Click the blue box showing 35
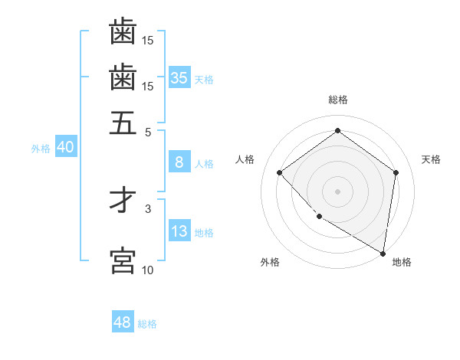(x=179, y=78)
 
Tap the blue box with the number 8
(x=179, y=162)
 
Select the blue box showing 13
(x=179, y=232)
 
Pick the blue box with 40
(x=65, y=148)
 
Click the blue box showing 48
(x=123, y=322)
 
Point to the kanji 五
(x=123, y=123)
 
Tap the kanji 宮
(x=123, y=260)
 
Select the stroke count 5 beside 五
(x=149, y=131)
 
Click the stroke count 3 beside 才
(x=148, y=208)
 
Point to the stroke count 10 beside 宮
(x=148, y=270)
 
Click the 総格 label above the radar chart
(x=337, y=100)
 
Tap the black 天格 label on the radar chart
(x=431, y=159)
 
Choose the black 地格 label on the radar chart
(x=402, y=262)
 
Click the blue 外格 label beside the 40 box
(x=41, y=149)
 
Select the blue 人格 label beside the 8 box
(x=205, y=163)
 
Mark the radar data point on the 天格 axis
(x=396, y=172)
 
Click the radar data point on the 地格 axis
(x=383, y=253)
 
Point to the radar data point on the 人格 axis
(x=280, y=172)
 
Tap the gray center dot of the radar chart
(x=337, y=191)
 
